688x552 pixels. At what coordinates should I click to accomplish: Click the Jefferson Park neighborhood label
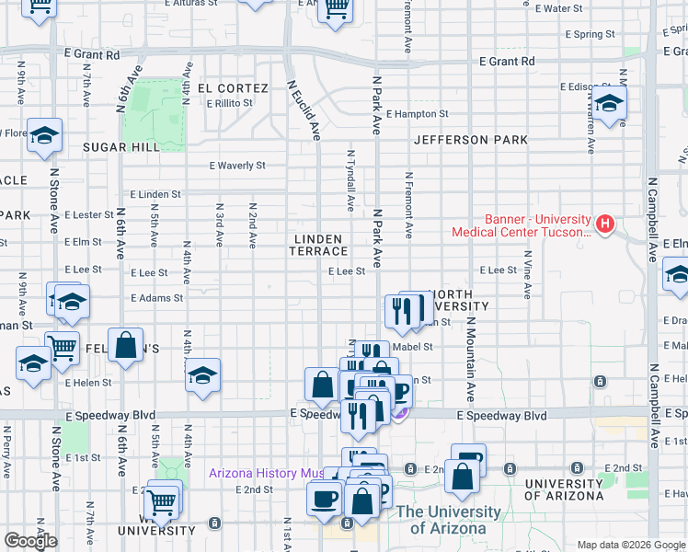point(470,140)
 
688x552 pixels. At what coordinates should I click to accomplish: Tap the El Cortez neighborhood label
point(233,88)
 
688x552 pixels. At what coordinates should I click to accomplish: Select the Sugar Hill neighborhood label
point(121,146)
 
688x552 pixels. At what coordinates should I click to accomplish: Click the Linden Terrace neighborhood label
point(320,245)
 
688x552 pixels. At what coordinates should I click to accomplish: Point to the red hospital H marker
point(605,223)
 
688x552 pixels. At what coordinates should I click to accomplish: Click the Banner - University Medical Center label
point(521,226)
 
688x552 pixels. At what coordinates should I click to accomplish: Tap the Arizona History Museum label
point(267,474)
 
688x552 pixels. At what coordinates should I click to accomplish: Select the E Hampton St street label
point(417,115)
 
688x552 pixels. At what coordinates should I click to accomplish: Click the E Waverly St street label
point(237,167)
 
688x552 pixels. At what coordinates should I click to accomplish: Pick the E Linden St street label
point(155,195)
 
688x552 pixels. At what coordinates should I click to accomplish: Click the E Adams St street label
point(156,298)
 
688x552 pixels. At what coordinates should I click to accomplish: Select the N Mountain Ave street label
point(470,360)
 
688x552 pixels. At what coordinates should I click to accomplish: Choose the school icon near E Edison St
point(608,106)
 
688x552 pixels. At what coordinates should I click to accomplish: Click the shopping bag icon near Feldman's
point(125,346)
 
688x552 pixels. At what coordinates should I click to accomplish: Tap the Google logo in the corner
point(30,541)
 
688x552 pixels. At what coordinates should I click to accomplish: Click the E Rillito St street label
point(229,103)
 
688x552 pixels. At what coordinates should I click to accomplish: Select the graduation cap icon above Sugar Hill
point(43,136)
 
